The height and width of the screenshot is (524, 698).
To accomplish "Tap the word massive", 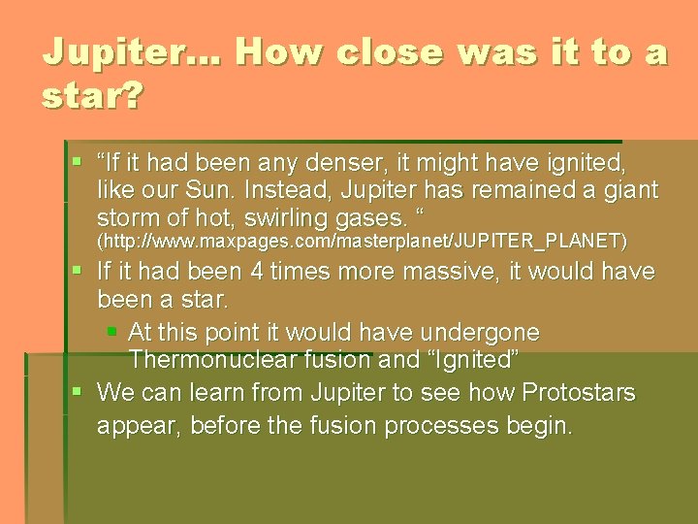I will tap(427, 271).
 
